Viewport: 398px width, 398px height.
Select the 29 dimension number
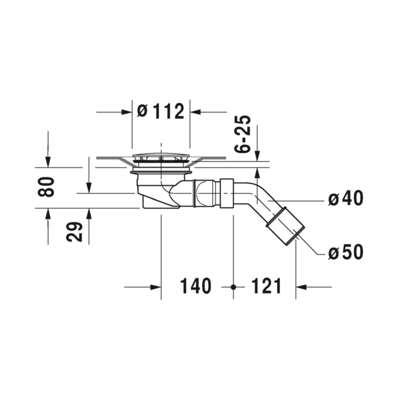[74, 232]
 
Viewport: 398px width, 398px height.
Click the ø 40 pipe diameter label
[346, 198]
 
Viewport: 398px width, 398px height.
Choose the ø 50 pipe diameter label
[346, 252]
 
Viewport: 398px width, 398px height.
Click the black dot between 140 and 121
[233, 287]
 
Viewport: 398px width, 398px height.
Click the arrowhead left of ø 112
[126, 112]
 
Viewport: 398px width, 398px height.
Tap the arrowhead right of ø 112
[195, 112]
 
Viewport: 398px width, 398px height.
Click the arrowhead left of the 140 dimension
[156, 287]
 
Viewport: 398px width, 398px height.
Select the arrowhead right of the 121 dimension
[301, 287]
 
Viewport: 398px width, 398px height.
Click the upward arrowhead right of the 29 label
[89, 214]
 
